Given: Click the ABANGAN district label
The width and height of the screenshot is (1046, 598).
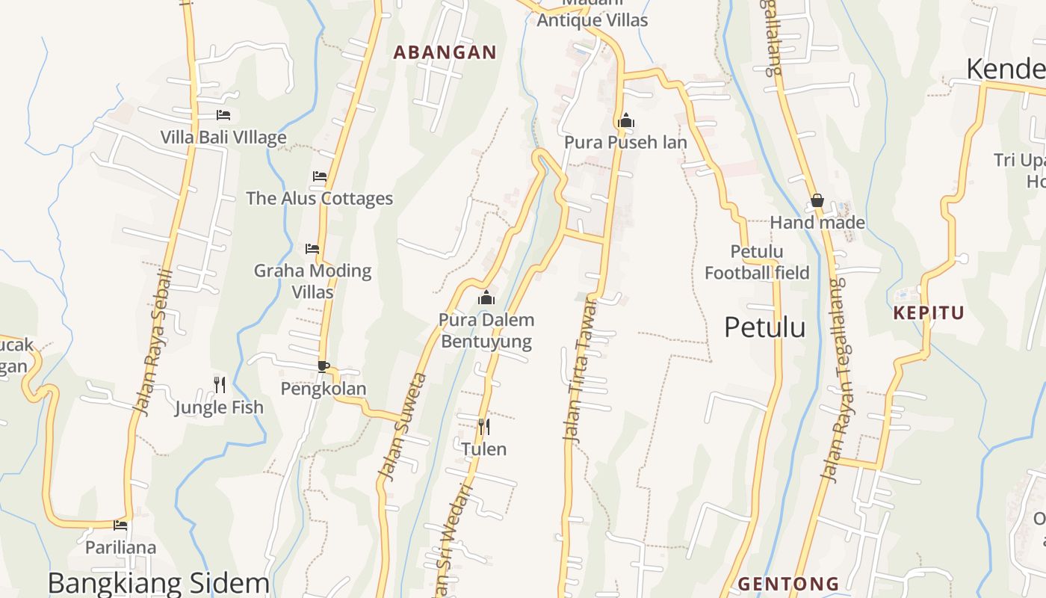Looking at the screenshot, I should (x=445, y=52).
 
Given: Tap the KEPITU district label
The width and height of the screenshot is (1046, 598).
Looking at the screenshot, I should (x=929, y=313).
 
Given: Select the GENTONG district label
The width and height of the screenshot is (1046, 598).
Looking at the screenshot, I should (x=788, y=584).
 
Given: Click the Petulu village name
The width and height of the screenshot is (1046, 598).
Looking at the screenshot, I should (x=765, y=327).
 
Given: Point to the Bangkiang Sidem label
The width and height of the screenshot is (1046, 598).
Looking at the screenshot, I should (x=158, y=583).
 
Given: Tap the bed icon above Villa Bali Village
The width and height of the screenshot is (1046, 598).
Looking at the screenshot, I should (x=223, y=115).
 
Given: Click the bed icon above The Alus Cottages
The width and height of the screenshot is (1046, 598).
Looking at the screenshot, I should (x=320, y=176).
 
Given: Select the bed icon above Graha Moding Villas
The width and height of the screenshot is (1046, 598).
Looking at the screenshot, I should (x=312, y=248).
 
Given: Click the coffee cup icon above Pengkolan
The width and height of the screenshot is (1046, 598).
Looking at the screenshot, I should (x=324, y=366).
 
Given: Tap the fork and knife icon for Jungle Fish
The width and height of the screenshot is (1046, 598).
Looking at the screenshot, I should (x=220, y=385).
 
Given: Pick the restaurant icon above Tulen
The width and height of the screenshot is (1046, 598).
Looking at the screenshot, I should (x=484, y=427).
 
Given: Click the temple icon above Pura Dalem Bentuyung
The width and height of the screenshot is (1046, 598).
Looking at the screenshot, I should (x=486, y=298).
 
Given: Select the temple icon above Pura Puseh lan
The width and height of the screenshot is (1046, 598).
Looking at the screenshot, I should (x=626, y=120).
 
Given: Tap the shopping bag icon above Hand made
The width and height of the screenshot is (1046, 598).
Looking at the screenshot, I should (x=817, y=200).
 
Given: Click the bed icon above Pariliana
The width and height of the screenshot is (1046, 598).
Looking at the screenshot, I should (x=120, y=525).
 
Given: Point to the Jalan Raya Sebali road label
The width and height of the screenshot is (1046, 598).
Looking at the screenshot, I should (x=153, y=342).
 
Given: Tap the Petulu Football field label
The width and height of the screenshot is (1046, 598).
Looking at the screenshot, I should (x=757, y=262).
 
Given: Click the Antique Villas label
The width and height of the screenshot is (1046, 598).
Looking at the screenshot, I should (x=592, y=20).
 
